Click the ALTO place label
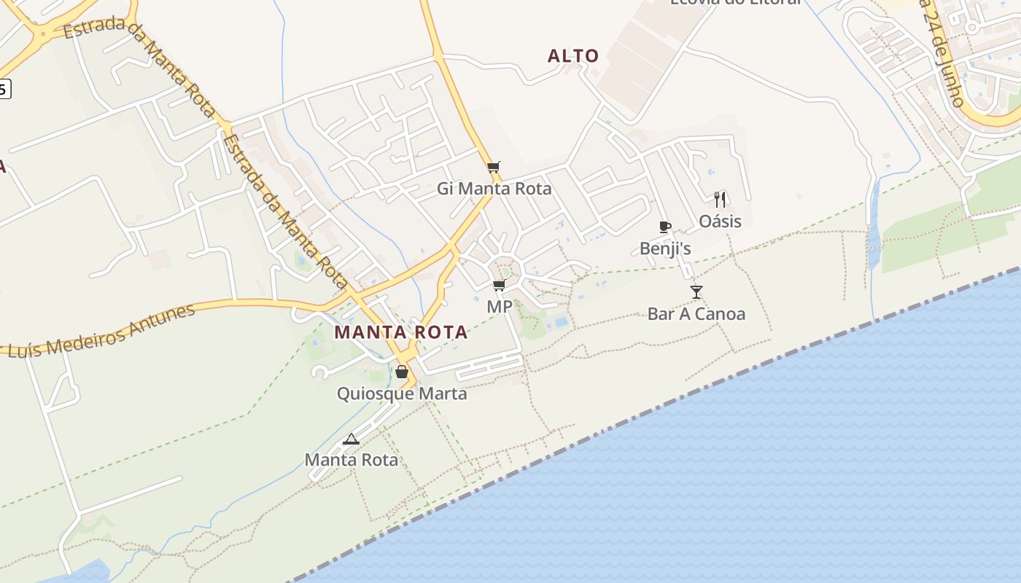click(x=573, y=56)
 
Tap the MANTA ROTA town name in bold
click(x=400, y=332)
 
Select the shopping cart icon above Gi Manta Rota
click(x=494, y=168)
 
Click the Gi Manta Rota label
click(x=494, y=189)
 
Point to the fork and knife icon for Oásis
click(x=720, y=199)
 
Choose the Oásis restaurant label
click(x=720, y=222)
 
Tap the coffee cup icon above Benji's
click(x=664, y=227)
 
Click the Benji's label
click(x=664, y=249)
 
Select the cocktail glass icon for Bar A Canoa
click(x=696, y=292)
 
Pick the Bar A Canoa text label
click(x=696, y=314)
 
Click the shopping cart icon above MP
click(x=499, y=285)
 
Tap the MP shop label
click(x=499, y=307)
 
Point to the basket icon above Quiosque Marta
click(x=401, y=372)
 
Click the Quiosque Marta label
click(x=401, y=394)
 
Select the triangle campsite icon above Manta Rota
click(x=351, y=439)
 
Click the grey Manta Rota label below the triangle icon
click(x=351, y=460)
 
